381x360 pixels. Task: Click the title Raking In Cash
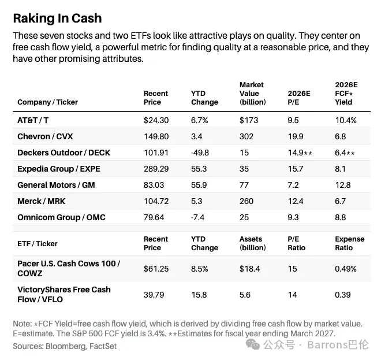pyautogui.click(x=57, y=18)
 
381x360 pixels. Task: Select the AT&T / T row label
pyautogui.click(x=33, y=120)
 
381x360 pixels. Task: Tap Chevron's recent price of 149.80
pyautogui.click(x=156, y=136)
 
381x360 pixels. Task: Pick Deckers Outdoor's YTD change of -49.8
pyautogui.click(x=200, y=153)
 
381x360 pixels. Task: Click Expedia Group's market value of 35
pyautogui.click(x=244, y=169)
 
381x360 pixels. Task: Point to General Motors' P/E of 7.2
pyautogui.click(x=293, y=185)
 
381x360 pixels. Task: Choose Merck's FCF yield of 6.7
pyautogui.click(x=340, y=201)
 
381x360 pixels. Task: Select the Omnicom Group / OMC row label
pyautogui.click(x=61, y=217)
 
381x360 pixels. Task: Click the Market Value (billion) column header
pyautogui.click(x=253, y=94)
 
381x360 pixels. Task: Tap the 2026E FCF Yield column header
pyautogui.click(x=346, y=94)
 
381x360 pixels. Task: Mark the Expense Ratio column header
pyautogui.click(x=350, y=243)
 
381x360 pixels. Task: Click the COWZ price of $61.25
pyautogui.click(x=156, y=269)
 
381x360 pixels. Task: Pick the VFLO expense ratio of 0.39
pyautogui.click(x=342, y=295)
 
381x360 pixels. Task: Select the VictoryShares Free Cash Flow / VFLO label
pyautogui.click(x=64, y=294)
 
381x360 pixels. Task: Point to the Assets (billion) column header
pyautogui.click(x=253, y=243)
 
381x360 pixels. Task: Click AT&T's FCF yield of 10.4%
pyautogui.click(x=346, y=120)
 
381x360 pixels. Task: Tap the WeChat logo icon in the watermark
pyautogui.click(x=253, y=344)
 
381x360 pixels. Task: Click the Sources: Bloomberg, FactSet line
pyautogui.click(x=65, y=346)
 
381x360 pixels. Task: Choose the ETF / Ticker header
pyautogui.click(x=38, y=243)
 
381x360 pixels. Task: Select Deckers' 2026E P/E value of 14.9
pyautogui.click(x=296, y=153)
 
